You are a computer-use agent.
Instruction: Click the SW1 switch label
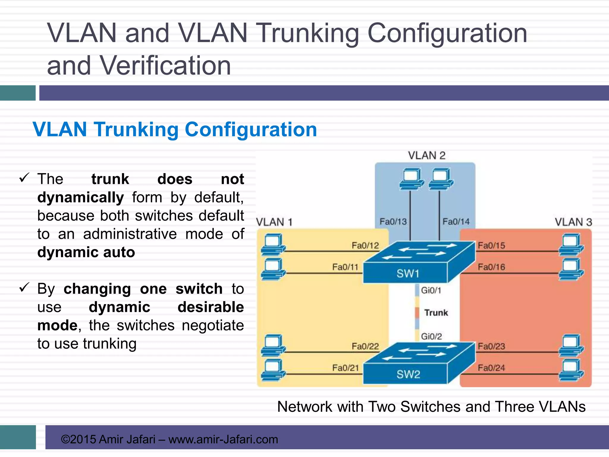408,273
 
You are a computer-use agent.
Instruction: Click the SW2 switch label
408,374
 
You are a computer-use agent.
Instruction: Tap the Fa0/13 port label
393,222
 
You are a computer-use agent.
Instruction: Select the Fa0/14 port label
456,222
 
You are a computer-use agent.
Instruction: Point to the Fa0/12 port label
365,245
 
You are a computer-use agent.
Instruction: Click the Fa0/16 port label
491,267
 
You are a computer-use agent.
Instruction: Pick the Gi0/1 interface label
431,290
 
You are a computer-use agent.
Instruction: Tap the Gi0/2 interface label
431,337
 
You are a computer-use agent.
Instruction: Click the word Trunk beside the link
436,313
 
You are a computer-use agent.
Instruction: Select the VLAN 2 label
426,156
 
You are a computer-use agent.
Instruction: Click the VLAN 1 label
274,222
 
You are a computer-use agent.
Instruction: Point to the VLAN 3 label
573,222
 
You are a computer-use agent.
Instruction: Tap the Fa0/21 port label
346,368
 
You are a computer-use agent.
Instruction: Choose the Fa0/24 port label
491,368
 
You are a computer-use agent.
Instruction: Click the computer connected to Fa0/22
273,345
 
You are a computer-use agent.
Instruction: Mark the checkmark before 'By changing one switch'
24,287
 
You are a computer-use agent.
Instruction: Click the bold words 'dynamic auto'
86,252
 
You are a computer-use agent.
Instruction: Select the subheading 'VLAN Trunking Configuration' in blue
175,129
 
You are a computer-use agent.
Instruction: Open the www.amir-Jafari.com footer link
223,439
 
